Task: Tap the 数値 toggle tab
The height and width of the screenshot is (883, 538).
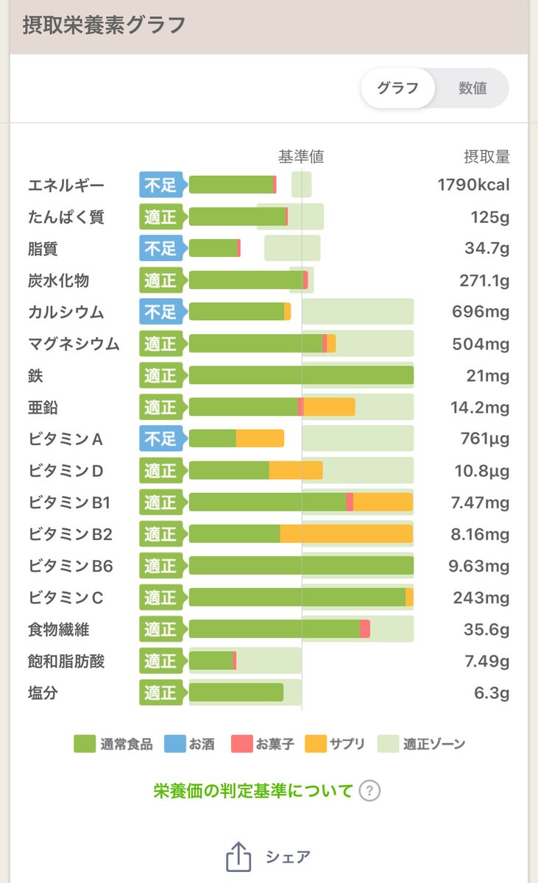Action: point(472,88)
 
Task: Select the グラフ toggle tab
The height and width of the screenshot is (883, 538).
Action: point(397,88)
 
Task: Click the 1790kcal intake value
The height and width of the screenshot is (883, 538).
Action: point(473,185)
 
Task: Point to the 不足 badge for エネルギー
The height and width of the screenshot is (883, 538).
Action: point(160,185)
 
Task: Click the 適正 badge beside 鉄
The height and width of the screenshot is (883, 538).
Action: point(160,375)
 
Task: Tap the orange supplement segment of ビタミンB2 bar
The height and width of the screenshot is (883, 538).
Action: point(346,533)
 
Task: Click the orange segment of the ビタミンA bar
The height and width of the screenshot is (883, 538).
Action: point(260,439)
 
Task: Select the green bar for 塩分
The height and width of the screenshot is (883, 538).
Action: point(236,692)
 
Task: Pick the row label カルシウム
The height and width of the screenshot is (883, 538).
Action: point(66,312)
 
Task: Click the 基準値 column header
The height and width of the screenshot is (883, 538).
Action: point(300,156)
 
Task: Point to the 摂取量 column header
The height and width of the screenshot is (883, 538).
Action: point(486,156)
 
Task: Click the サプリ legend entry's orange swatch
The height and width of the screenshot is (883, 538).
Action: point(315,744)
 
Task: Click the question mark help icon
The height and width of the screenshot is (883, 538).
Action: point(369,791)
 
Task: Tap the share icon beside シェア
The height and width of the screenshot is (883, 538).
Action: point(238,857)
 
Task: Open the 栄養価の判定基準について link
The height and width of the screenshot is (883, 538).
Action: point(253,791)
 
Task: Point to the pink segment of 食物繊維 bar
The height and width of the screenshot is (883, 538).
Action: point(365,629)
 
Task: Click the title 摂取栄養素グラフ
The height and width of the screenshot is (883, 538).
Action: point(103,26)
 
